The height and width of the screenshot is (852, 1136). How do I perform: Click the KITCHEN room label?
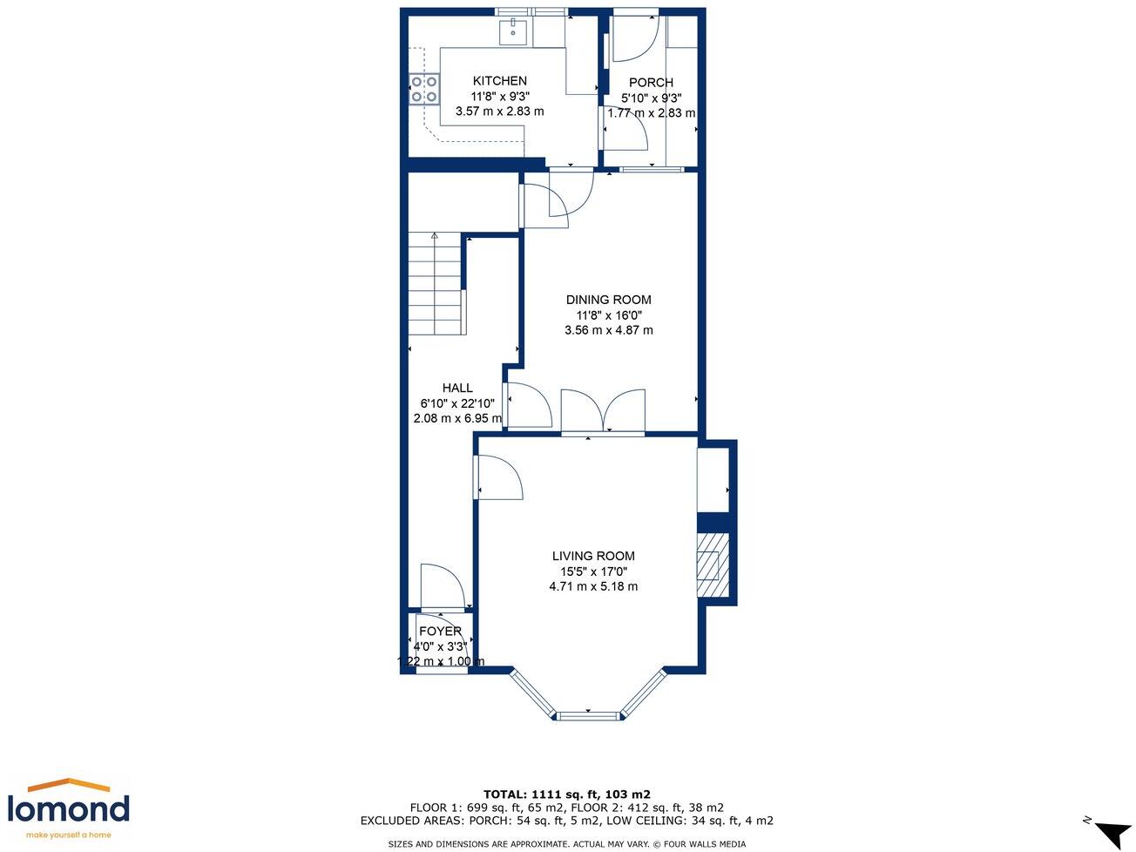499,81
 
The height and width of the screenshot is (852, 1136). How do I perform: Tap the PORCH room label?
651,83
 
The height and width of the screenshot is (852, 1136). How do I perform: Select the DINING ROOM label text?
608,300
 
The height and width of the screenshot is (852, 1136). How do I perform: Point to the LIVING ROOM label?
593,556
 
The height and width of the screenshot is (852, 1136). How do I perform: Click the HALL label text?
457,389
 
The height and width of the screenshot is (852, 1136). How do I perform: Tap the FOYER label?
440,632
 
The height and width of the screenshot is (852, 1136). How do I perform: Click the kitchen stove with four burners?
424,90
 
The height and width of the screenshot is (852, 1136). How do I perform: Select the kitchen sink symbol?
514,32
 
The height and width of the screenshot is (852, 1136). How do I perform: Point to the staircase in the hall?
436,283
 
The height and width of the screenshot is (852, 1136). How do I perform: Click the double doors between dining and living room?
603,412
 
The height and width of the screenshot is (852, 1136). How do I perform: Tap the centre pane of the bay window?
588,716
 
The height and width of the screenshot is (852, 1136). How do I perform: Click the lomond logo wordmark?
68,809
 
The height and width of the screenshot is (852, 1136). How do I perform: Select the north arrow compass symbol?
1111,831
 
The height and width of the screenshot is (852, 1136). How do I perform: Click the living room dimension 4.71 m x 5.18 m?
593,586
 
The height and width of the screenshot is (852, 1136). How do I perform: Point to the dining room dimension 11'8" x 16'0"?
608,315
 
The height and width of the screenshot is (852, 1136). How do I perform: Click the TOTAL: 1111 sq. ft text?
566,795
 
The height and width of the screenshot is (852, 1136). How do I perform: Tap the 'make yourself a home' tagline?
68,835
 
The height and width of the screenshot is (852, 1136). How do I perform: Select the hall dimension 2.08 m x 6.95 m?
457,418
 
